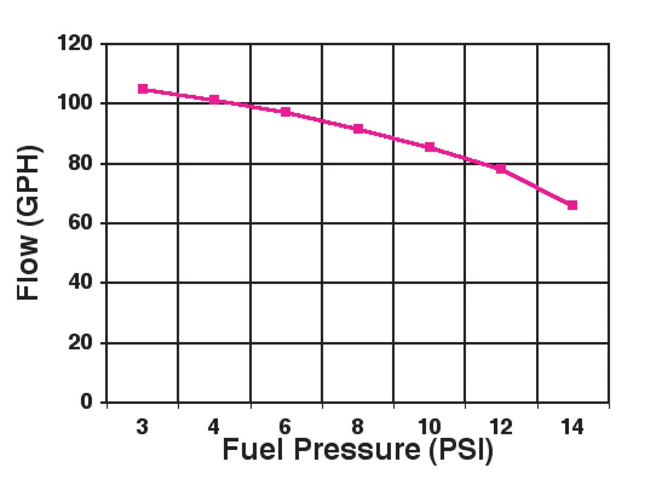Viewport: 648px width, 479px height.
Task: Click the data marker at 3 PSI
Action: tap(143, 89)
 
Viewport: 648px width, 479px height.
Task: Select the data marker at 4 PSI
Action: tap(214, 100)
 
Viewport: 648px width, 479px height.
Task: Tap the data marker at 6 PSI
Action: tap(286, 112)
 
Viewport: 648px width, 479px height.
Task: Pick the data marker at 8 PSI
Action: tap(358, 129)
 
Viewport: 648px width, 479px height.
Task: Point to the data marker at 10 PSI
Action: tap(429, 147)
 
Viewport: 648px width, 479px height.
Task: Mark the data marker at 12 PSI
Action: tap(501, 169)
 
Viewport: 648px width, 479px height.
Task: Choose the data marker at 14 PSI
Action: tap(572, 205)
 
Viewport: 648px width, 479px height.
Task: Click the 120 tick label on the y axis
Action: tap(75, 43)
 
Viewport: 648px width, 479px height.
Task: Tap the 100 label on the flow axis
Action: tap(75, 103)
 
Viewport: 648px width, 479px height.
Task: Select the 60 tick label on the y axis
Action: tap(80, 223)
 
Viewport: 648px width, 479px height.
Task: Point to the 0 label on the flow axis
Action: tap(86, 402)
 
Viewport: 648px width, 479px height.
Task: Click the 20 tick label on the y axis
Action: tap(80, 343)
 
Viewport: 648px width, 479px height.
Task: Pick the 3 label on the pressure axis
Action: tap(142, 427)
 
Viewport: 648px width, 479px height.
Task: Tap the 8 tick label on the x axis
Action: tap(357, 427)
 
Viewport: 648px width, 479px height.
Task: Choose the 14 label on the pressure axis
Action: tap(572, 427)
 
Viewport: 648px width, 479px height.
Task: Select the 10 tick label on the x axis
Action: tap(429, 427)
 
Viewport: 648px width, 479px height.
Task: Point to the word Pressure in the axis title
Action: tap(357, 450)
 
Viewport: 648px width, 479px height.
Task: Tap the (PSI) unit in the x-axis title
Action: tap(461, 450)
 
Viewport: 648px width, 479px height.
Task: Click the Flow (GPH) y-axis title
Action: tap(29, 223)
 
